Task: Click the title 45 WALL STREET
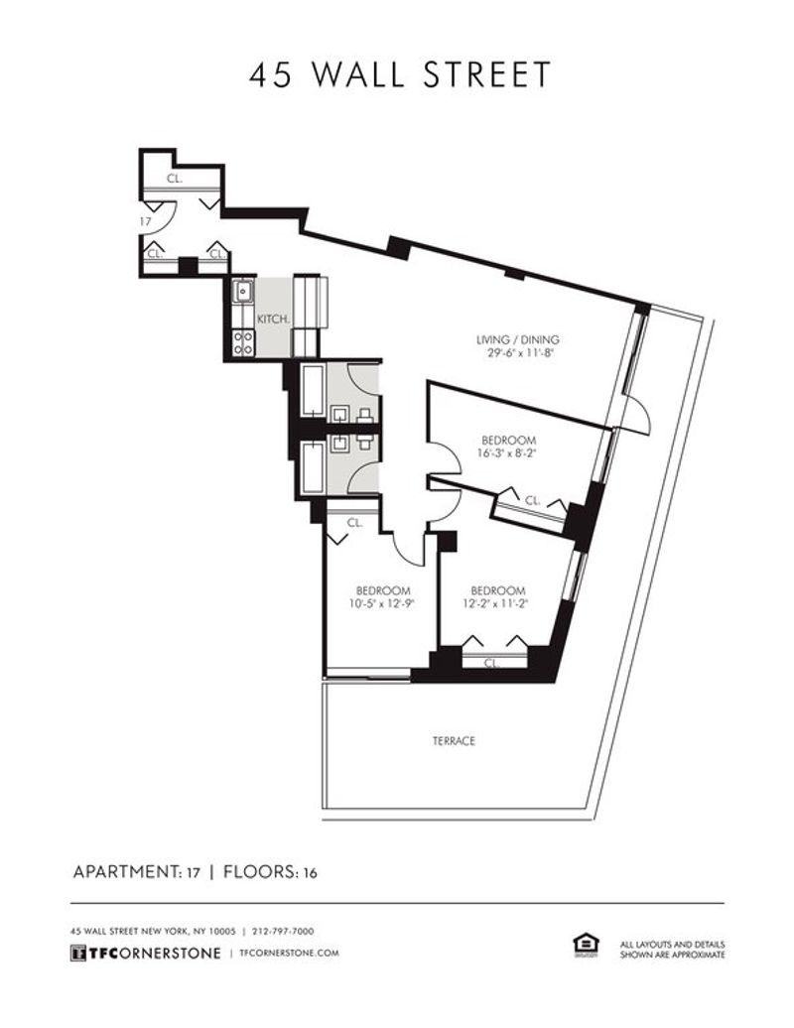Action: point(399,74)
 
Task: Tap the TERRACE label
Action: point(454,741)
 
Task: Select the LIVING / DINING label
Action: point(518,339)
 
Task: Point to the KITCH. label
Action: point(273,320)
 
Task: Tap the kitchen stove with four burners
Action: point(244,343)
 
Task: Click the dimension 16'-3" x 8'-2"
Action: point(509,453)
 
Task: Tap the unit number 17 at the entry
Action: point(146,221)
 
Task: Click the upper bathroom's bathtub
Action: point(313,391)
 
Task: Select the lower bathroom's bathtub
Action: point(313,467)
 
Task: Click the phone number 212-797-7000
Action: point(283,931)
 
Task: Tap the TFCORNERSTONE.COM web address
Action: point(290,953)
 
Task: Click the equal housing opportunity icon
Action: point(586,946)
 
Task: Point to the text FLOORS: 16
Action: point(270,872)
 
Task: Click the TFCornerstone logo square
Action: point(78,953)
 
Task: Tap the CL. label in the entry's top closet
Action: point(175,179)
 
